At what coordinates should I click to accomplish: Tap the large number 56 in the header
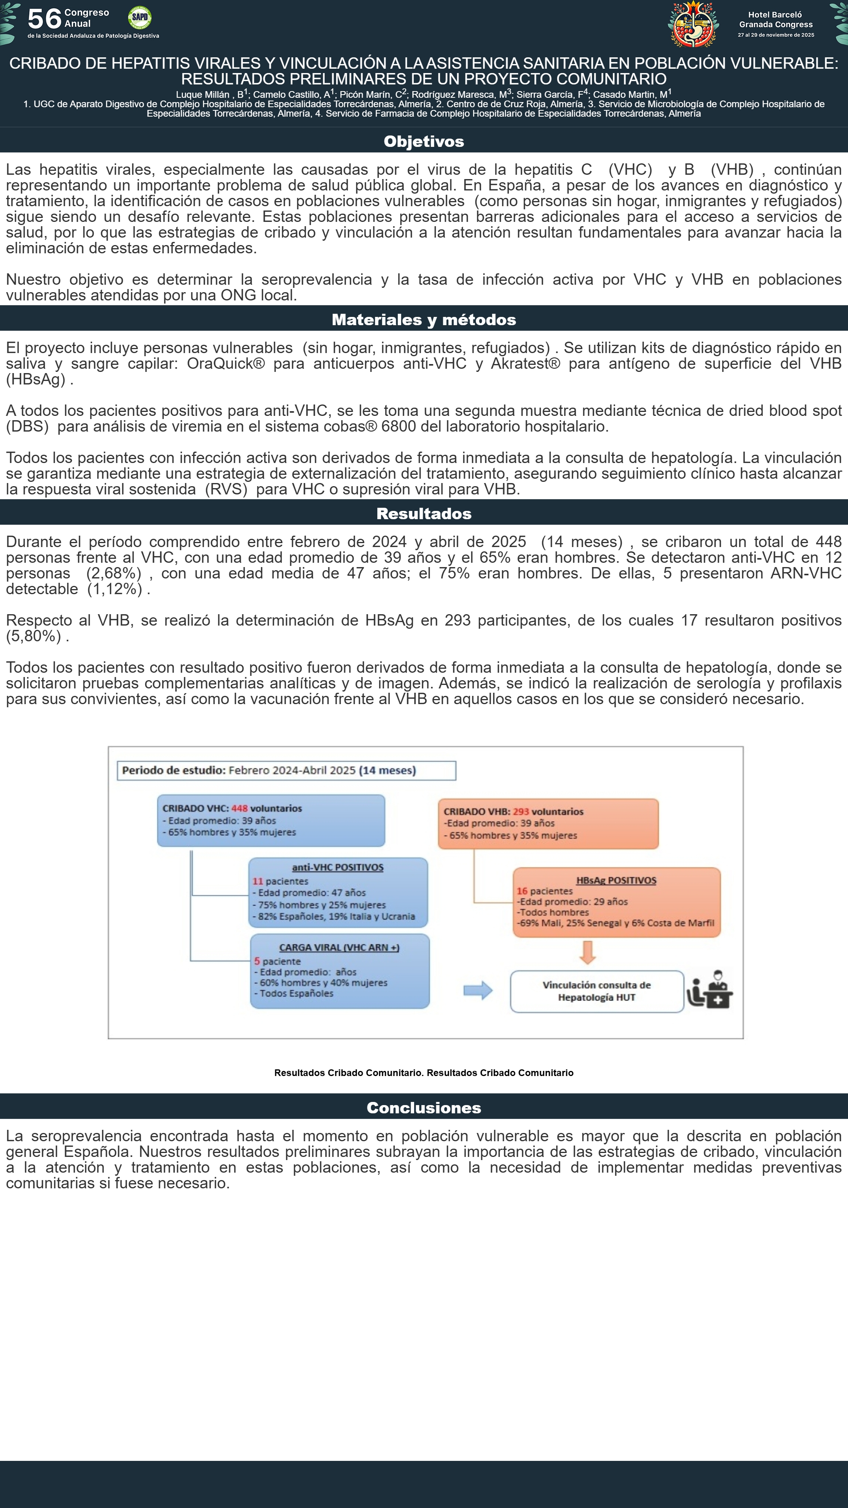(x=44, y=19)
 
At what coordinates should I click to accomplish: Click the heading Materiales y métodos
(x=424, y=320)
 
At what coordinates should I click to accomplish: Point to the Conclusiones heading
(x=424, y=1107)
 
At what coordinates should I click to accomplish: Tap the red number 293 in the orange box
(x=521, y=811)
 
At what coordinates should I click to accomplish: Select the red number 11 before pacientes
(x=258, y=881)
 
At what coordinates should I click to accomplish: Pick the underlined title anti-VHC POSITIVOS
(x=338, y=867)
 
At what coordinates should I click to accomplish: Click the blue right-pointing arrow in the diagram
(x=477, y=990)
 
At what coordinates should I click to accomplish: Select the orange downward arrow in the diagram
(x=588, y=952)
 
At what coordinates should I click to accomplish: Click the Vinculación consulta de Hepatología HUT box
(x=596, y=991)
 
